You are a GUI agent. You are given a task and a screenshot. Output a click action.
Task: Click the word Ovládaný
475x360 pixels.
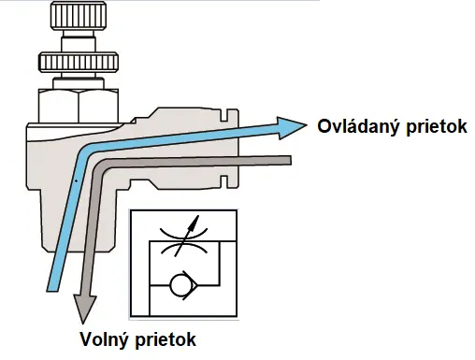click(x=353, y=126)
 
